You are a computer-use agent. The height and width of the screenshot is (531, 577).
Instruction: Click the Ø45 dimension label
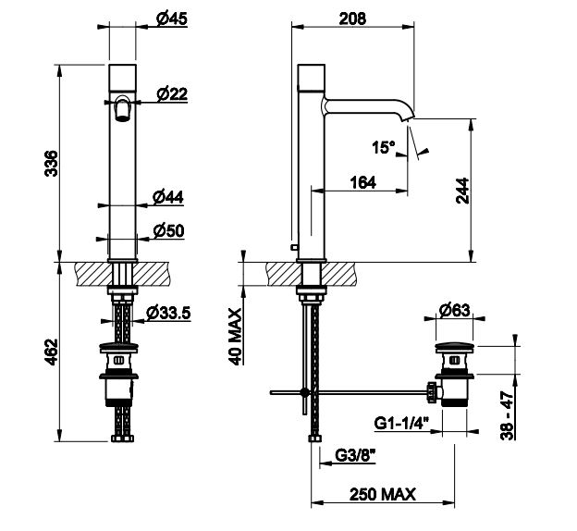pos(172,19)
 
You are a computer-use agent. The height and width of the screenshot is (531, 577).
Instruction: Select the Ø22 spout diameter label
pos(172,94)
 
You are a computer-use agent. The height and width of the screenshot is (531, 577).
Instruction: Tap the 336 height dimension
pos(51,163)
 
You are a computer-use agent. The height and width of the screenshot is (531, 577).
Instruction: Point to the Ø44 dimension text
pos(167,197)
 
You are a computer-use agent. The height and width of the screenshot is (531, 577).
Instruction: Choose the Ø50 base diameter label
pos(169,231)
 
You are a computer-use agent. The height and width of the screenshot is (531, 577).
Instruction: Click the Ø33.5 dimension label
pos(168,314)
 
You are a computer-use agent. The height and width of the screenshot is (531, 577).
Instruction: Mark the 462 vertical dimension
pos(51,352)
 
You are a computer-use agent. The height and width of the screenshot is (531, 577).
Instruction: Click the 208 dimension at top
pos(352,19)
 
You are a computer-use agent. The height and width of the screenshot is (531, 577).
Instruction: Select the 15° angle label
pos(383,147)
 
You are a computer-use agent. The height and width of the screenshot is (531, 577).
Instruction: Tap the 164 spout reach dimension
pos(363,182)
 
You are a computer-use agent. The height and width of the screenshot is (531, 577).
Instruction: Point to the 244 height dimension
pos(462,191)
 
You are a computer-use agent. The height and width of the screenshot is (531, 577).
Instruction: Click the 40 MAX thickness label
pos(236,337)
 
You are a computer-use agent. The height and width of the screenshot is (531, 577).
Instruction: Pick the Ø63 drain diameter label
pos(454,311)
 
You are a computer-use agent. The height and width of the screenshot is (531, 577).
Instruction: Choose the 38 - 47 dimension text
pos(507,415)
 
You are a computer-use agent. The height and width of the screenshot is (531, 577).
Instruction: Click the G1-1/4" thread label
pos(401,423)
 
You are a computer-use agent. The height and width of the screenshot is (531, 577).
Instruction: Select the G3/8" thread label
pos(355,456)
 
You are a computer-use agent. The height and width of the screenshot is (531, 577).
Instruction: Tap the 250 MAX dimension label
pos(383,494)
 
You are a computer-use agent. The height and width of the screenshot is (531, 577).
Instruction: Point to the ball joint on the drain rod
pos(305,392)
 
